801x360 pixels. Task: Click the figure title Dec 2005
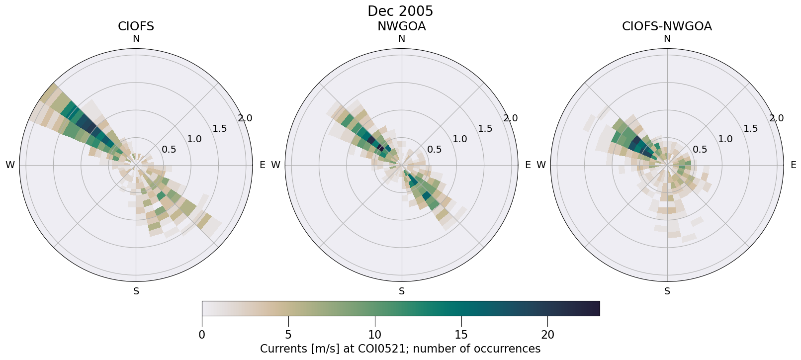[x=400, y=11]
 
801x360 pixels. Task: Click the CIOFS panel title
[x=136, y=26]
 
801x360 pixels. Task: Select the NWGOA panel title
[x=401, y=26]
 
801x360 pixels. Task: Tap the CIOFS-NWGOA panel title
[x=667, y=26]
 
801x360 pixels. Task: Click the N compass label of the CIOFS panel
[x=136, y=39]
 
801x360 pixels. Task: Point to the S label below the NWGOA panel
[x=402, y=291]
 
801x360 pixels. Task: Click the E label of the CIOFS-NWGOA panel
[x=794, y=165]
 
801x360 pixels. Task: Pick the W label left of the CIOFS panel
[x=10, y=165]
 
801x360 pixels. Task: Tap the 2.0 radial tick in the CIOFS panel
[x=245, y=118]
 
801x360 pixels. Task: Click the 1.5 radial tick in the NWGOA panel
[x=485, y=129]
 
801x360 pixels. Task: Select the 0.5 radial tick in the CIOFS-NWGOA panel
[x=700, y=149]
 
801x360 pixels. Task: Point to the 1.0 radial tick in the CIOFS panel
[x=194, y=139]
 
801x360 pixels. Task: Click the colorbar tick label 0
[x=202, y=335]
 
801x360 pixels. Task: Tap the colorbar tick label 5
[x=288, y=335]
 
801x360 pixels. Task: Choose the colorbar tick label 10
[x=375, y=335]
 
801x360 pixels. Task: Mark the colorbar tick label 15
[x=461, y=335]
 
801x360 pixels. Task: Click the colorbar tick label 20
[x=547, y=335]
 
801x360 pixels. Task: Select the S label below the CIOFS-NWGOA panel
[x=667, y=291]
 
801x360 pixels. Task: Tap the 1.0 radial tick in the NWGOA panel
[x=460, y=139]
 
